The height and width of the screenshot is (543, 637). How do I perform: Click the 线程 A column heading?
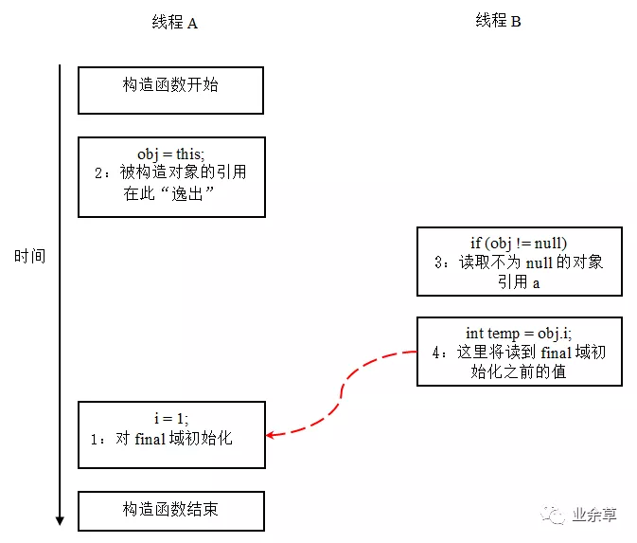point(174,23)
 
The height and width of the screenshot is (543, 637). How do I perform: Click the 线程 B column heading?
point(498,21)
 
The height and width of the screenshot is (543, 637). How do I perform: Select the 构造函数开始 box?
point(170,90)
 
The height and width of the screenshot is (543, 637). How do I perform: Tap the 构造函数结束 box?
point(170,511)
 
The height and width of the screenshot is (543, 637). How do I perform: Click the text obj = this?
point(170,154)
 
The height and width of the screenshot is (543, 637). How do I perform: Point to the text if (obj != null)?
point(519,243)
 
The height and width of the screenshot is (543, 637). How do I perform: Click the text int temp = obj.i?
point(519,333)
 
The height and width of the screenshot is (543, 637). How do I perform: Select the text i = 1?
point(170,419)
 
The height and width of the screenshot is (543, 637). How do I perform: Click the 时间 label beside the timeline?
point(29,257)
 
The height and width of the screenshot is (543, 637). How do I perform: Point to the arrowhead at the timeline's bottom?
point(60,519)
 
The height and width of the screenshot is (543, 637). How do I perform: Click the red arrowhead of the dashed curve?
point(272,435)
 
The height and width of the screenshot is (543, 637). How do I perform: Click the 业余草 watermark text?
point(594,516)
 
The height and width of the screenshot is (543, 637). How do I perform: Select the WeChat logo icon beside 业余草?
point(553,515)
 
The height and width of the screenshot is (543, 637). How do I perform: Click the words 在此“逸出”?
point(170,194)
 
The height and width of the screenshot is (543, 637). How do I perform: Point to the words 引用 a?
point(519,281)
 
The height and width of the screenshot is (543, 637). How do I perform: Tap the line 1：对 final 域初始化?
point(163,439)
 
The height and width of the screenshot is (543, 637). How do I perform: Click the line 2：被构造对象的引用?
point(170,173)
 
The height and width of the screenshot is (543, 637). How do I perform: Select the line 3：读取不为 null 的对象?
point(519,262)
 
